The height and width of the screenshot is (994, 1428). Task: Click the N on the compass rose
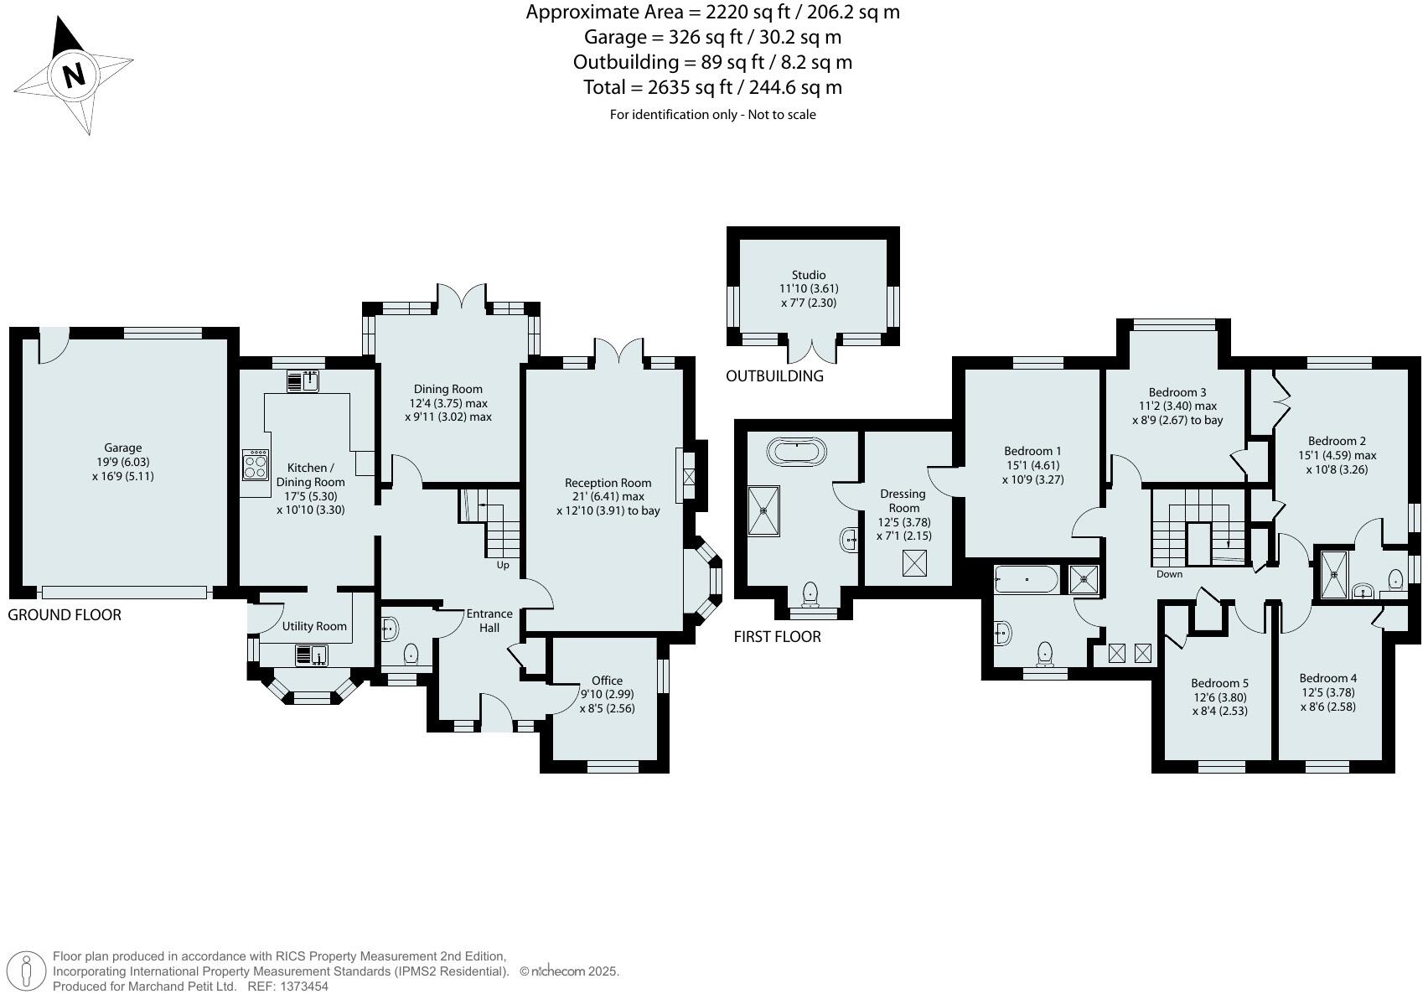[74, 75]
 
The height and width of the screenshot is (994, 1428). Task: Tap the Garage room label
[123, 448]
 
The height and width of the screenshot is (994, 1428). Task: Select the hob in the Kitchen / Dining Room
[256, 465]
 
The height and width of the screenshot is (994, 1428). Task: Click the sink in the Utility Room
[311, 654]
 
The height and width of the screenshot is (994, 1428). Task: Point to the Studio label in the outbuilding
[809, 275]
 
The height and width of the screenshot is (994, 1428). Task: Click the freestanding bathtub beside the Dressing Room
[796, 453]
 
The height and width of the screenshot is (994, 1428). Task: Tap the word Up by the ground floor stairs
[503, 565]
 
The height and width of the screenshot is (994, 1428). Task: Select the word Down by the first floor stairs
[1169, 574]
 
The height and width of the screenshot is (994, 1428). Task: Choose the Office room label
[607, 681]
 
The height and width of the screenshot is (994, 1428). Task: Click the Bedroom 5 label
[1219, 683]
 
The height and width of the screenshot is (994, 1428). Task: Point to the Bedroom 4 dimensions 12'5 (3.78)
[1327, 692]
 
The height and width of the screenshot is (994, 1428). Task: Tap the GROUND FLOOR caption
[65, 615]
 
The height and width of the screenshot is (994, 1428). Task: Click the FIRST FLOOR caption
[777, 637]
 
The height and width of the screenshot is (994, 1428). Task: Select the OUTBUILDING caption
[774, 376]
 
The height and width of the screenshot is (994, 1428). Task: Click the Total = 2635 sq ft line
[712, 87]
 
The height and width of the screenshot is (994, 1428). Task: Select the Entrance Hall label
[489, 620]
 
